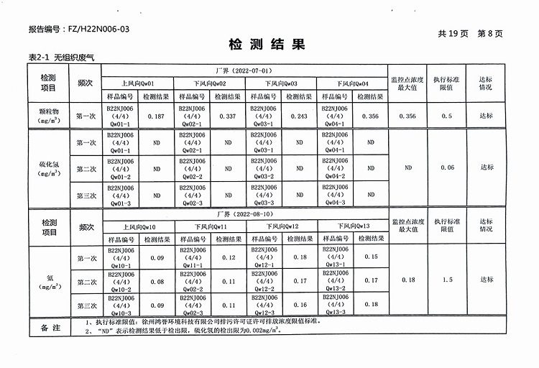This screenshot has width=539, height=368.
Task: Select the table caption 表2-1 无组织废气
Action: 57,57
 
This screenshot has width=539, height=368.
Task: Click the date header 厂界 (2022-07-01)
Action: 244,71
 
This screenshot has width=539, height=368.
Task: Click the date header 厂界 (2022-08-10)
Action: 244,213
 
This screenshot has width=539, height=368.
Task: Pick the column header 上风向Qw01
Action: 137,83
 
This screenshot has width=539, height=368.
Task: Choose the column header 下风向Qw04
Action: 352,83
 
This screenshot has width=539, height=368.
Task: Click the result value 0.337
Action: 227,116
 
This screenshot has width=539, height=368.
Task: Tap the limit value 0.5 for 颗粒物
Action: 446,116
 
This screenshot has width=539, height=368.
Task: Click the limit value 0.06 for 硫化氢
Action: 446,167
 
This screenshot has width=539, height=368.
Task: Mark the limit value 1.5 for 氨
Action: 446,280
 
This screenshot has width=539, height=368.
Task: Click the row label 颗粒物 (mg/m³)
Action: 48,116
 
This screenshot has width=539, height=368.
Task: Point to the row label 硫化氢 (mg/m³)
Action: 48,168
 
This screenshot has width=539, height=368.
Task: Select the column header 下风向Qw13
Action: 353,226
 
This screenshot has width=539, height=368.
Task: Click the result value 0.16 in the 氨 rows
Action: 300,305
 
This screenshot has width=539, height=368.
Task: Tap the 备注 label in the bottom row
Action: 50,327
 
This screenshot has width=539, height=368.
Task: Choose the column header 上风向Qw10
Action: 138,226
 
